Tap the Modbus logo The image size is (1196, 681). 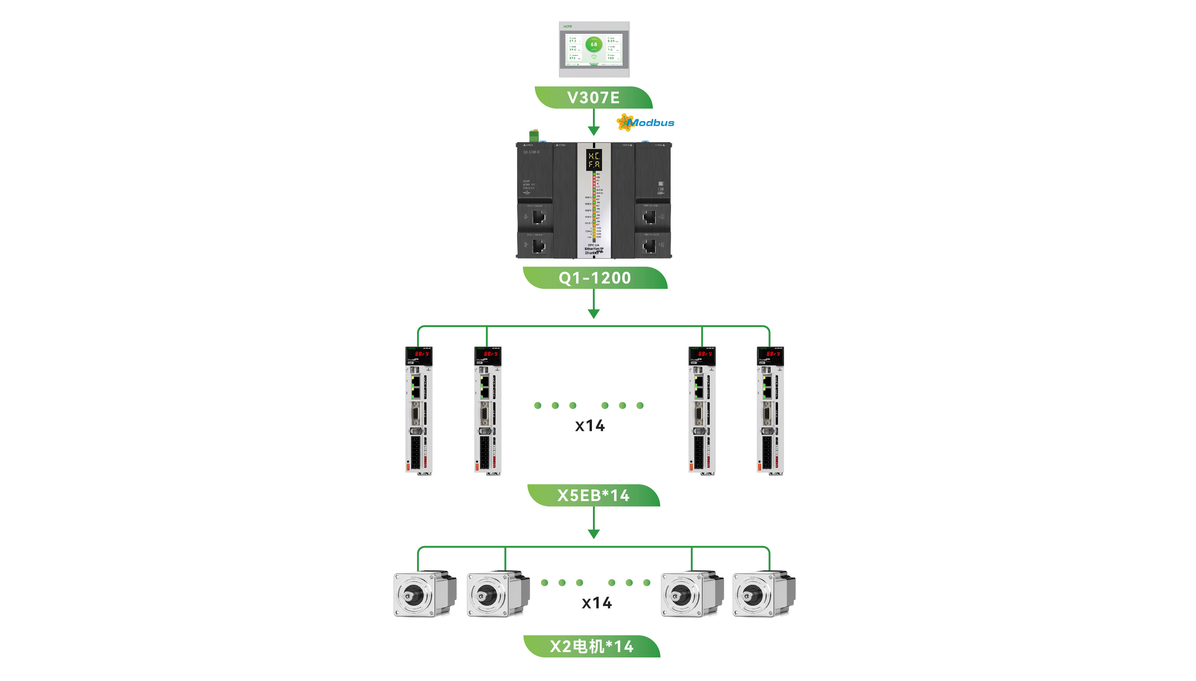645,122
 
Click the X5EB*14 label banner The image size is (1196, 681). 593,495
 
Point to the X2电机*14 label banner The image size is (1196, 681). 591,646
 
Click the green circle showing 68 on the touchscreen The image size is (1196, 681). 594,44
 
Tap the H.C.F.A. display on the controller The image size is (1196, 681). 594,160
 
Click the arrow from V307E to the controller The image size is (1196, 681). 594,122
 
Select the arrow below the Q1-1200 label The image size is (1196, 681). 594,304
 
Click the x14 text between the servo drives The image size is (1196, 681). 590,426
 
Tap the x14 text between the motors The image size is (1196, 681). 596,603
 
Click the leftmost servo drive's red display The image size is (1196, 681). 421,354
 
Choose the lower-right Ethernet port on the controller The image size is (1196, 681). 649,245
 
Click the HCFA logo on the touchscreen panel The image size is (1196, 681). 568,27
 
